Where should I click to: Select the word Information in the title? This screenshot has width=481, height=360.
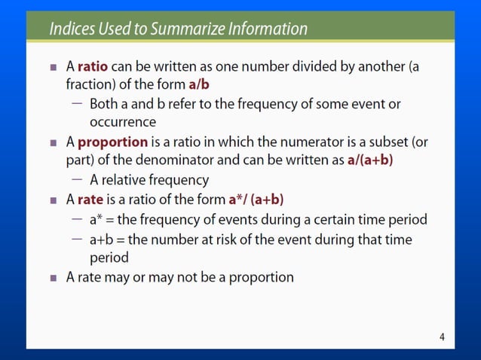click(x=270, y=29)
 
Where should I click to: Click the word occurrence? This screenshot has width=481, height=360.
click(x=123, y=121)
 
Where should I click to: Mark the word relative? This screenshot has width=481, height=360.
click(x=127, y=181)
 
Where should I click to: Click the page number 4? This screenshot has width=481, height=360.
click(x=442, y=337)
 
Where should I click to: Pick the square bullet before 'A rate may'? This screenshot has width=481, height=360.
click(x=54, y=277)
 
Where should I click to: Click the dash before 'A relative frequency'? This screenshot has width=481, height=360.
click(x=78, y=180)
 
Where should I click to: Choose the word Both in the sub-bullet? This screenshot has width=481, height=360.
click(x=103, y=104)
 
